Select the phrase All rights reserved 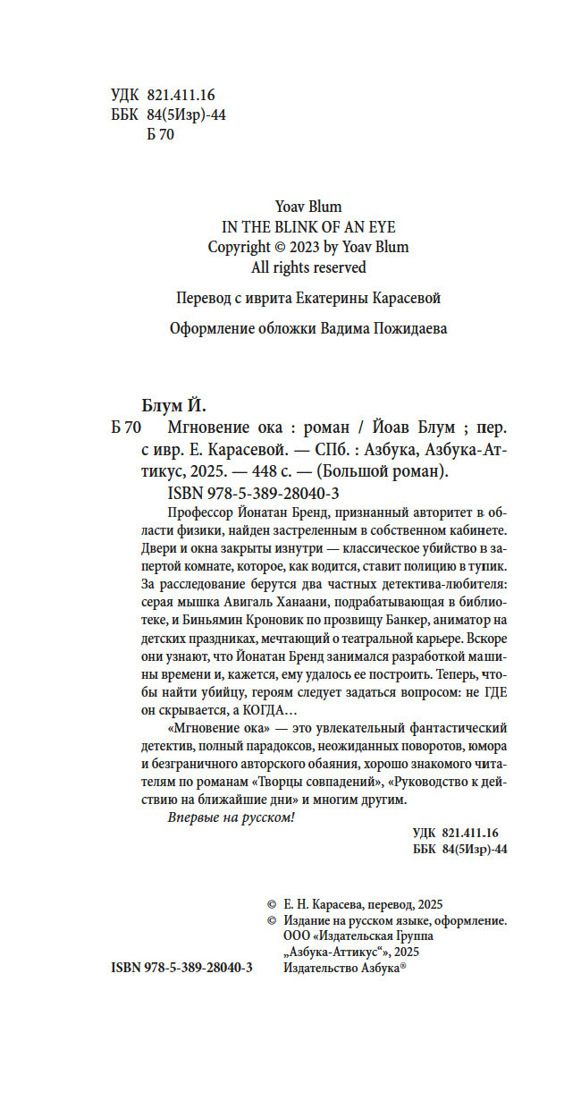click(x=308, y=267)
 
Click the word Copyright click(x=239, y=247)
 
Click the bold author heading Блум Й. click(x=173, y=403)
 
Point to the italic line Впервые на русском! click(x=231, y=818)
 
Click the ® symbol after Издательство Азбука click(x=403, y=965)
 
